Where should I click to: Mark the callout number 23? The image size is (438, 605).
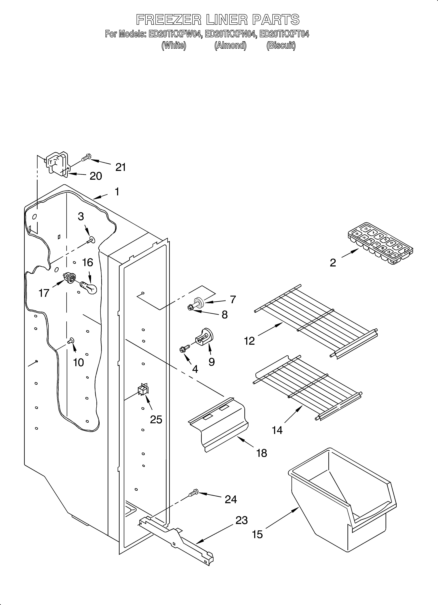click(241, 520)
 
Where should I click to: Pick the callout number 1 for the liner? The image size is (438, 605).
click(117, 192)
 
